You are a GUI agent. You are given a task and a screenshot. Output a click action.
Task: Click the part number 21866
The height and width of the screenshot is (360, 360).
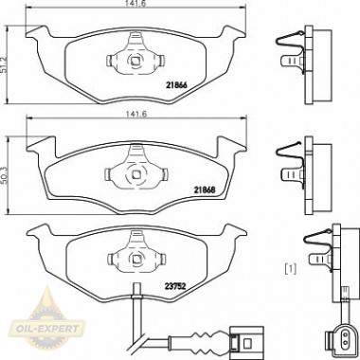(176, 85)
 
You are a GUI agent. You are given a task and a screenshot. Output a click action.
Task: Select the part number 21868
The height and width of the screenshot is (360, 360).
(205, 189)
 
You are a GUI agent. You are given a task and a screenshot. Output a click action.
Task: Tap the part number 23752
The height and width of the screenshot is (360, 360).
(175, 286)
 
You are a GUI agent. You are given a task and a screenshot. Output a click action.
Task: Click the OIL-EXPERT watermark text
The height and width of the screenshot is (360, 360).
(48, 329)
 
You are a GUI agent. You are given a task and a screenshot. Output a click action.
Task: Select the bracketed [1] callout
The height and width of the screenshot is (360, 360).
(291, 269)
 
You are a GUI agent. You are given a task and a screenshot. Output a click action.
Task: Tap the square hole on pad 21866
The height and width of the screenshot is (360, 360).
(135, 60)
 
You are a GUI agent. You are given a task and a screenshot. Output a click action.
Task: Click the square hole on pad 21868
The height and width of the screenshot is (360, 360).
(136, 174)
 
